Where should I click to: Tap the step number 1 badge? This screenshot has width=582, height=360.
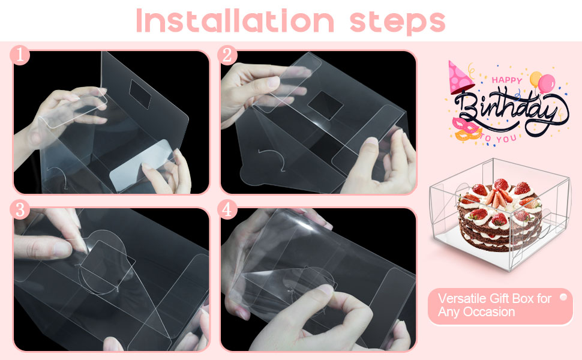click(20, 55)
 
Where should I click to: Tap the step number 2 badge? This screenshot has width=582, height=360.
click(227, 55)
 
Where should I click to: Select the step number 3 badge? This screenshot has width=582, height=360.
click(20, 210)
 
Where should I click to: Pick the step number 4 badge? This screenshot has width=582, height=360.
click(227, 210)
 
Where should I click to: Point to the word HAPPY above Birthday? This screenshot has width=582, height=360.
click(507, 79)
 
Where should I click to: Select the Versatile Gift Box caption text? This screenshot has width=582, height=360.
click(494, 305)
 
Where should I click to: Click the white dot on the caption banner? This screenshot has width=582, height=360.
click(563, 297)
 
